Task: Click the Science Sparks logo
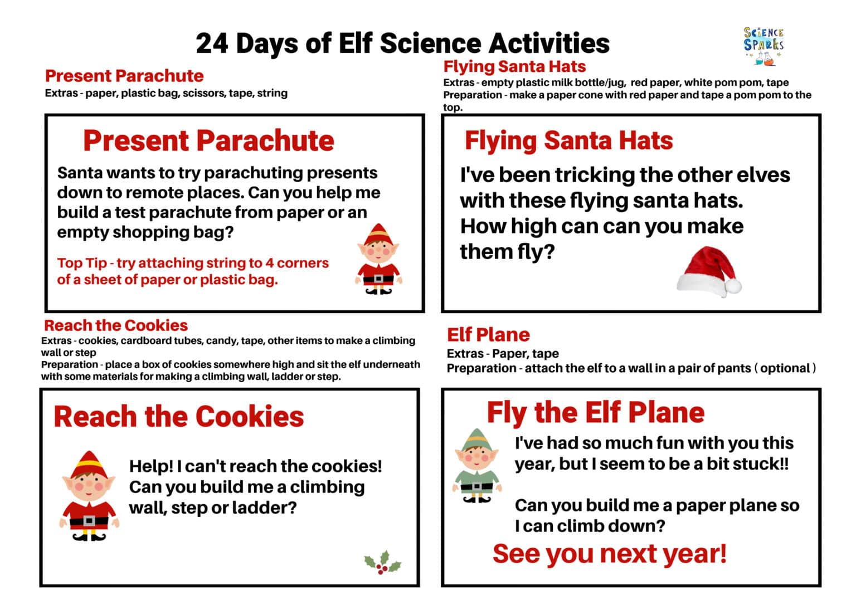763,46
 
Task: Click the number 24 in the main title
212,43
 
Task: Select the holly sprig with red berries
383,563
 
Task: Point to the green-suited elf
475,466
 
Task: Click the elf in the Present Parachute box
378,260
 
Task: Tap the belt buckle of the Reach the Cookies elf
89,521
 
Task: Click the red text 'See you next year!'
609,554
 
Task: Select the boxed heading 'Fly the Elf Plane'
595,413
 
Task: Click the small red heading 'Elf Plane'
488,335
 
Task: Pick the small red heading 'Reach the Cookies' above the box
116,325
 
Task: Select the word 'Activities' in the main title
549,43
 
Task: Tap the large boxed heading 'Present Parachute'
208,140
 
